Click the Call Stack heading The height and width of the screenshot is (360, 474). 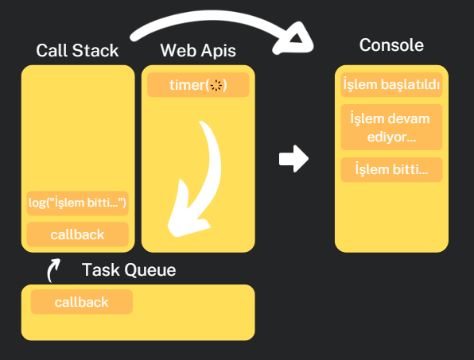click(77, 51)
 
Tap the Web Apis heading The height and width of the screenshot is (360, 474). click(198, 51)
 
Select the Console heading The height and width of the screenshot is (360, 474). click(391, 45)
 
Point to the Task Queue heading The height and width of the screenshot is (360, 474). click(129, 270)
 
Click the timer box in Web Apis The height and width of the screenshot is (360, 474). click(198, 85)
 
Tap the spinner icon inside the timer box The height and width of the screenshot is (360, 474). click(216, 85)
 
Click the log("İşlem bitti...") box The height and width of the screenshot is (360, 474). click(77, 203)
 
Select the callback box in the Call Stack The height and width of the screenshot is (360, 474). click(77, 235)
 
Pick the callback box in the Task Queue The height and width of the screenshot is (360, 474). click(81, 302)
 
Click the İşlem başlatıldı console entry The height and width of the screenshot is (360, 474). click(391, 85)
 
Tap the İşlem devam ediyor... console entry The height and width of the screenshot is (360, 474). click(391, 127)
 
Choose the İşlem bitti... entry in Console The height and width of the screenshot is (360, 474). click(391, 169)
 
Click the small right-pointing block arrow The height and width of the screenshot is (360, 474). click(293, 158)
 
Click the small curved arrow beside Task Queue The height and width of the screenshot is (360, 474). click(53, 271)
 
